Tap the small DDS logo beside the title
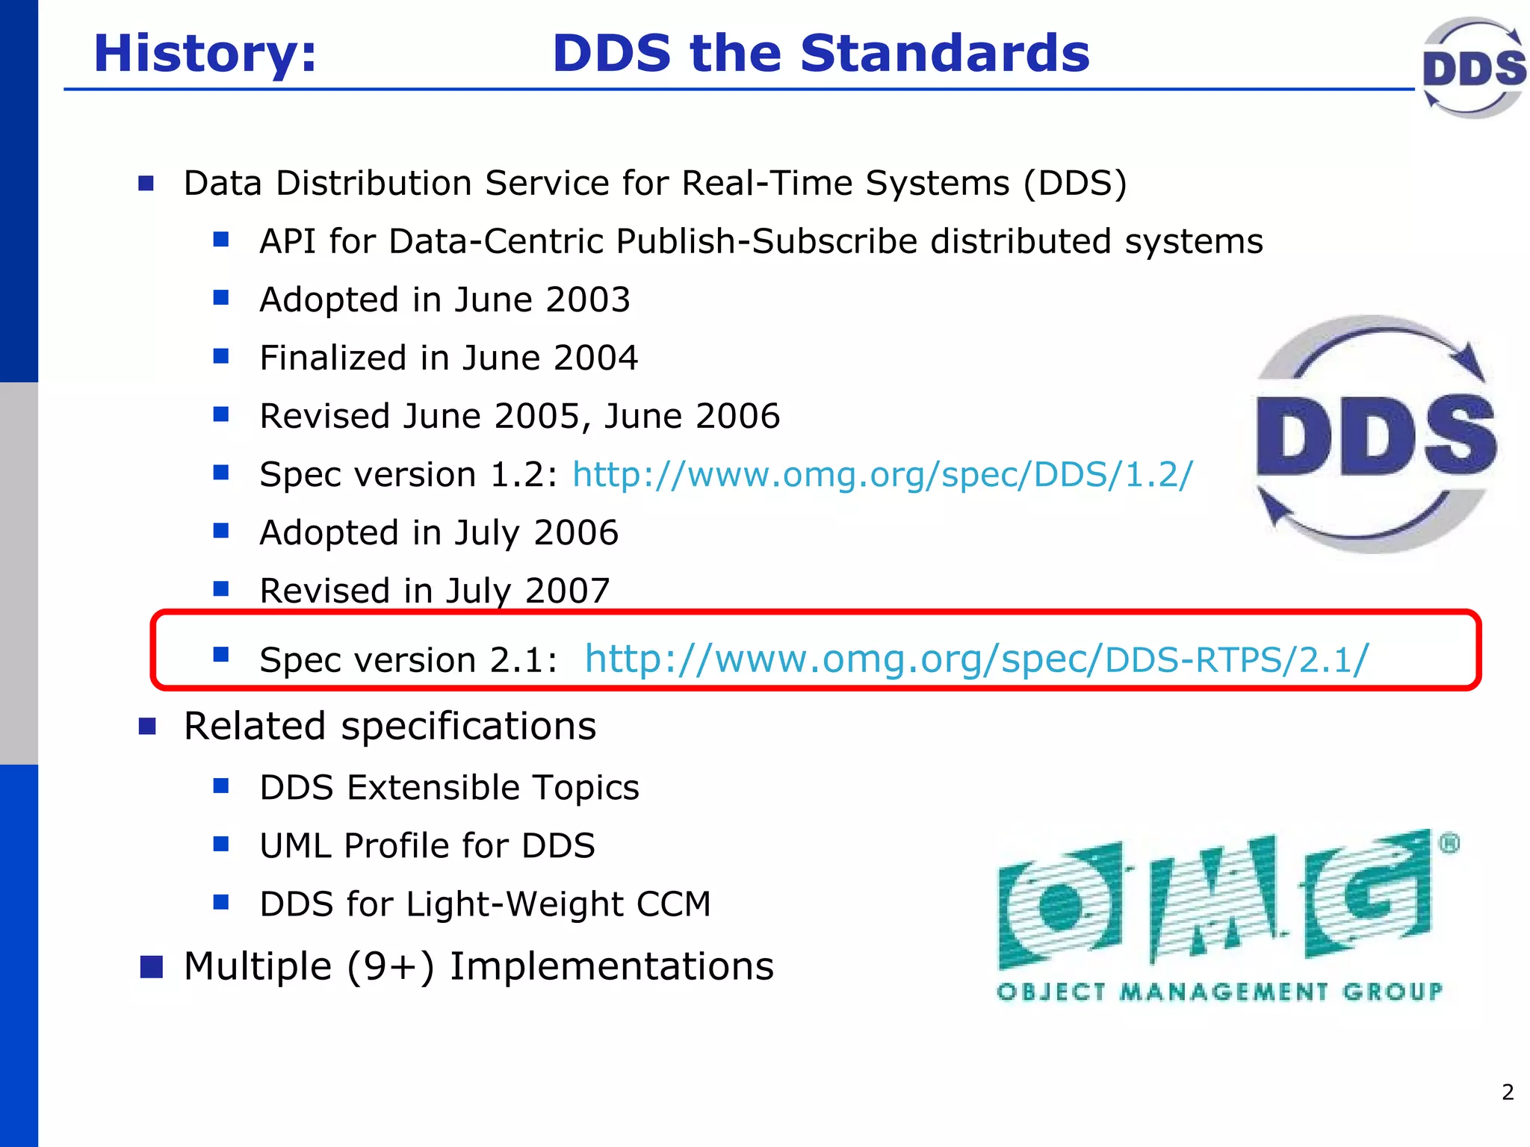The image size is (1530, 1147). tap(1473, 67)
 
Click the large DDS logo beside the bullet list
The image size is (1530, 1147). tap(1376, 435)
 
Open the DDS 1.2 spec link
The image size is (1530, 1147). tap(882, 475)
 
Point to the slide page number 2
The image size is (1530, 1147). tap(1508, 1092)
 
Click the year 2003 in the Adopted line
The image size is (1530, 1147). tap(587, 300)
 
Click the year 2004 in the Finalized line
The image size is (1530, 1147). tap(595, 358)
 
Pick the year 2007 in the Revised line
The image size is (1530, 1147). tap(567, 591)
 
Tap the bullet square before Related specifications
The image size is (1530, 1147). tap(147, 727)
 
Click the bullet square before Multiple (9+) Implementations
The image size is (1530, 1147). tap(151, 966)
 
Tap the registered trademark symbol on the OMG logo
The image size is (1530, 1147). tap(1449, 844)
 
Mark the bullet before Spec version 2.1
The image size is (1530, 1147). tap(220, 655)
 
